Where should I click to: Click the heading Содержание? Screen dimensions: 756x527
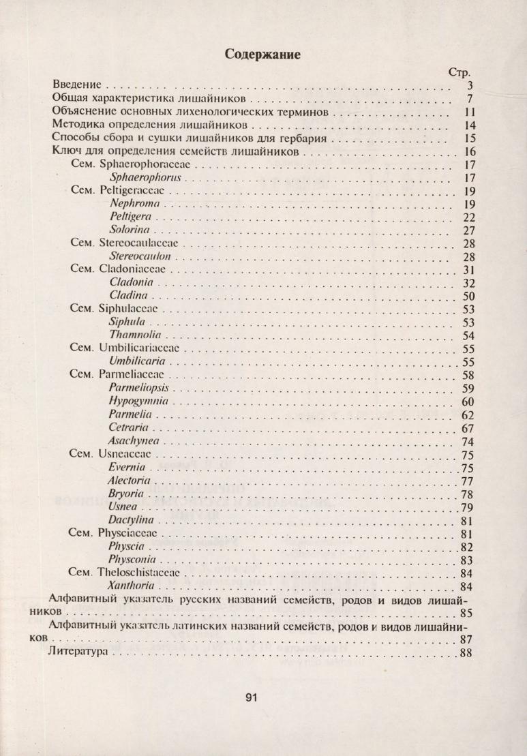tap(263, 54)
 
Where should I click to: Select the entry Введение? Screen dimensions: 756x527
tap(77, 85)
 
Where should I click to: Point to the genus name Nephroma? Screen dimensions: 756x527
tap(134, 204)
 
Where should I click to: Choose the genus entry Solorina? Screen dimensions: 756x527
tap(131, 230)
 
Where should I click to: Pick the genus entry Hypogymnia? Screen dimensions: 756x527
tap(138, 401)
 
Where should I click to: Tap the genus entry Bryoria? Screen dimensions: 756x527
tap(127, 494)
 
